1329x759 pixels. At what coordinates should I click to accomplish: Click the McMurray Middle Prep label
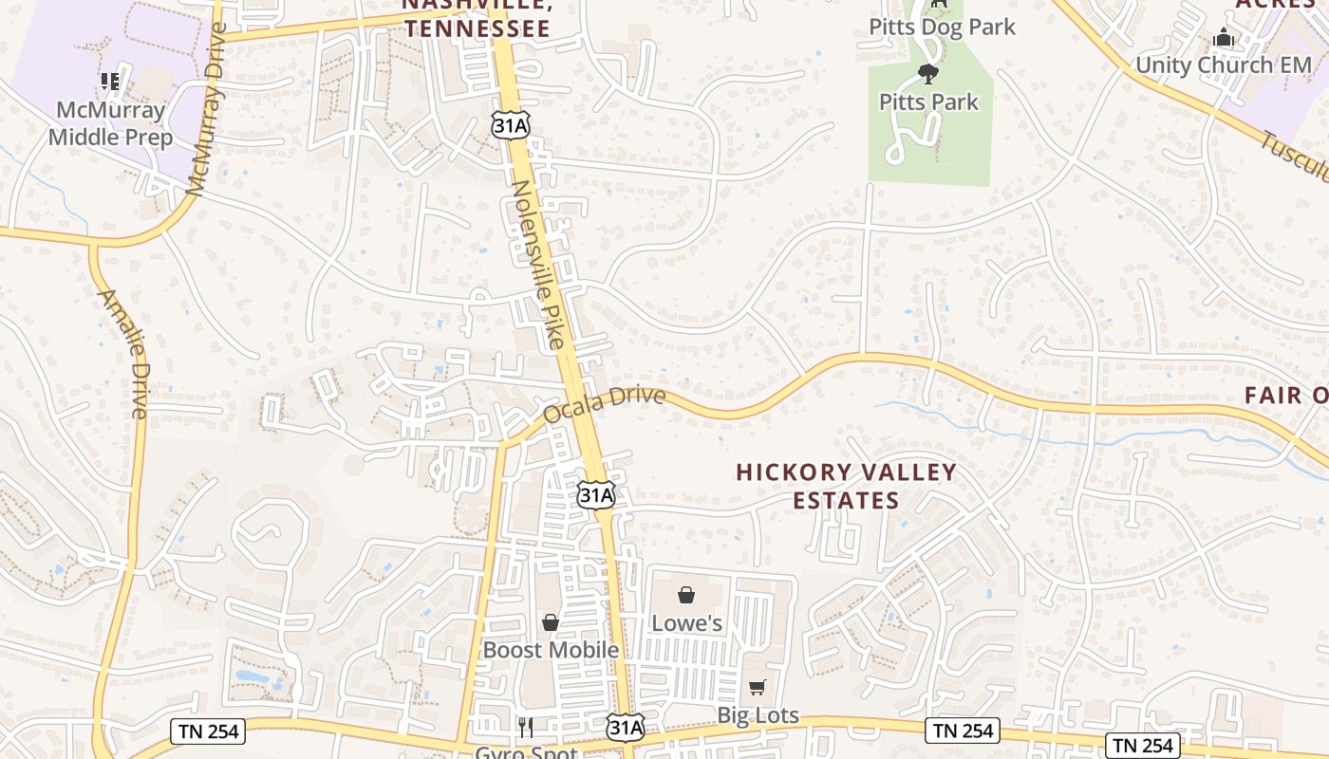click(110, 123)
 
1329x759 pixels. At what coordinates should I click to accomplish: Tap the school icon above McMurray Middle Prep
click(110, 82)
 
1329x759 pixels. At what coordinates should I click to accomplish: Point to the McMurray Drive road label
click(208, 109)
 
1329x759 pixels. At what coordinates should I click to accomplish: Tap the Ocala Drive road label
click(604, 404)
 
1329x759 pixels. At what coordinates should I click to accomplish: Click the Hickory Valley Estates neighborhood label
click(846, 486)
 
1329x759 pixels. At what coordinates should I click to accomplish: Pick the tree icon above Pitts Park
click(928, 73)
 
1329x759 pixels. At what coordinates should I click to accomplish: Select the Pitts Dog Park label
click(942, 27)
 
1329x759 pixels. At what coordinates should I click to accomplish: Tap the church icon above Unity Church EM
click(1224, 38)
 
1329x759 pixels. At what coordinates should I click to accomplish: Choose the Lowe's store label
click(686, 623)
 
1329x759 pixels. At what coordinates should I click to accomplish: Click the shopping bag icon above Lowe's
click(686, 596)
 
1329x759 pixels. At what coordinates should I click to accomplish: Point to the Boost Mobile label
click(551, 650)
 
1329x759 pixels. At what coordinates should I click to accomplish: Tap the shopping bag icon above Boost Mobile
click(550, 622)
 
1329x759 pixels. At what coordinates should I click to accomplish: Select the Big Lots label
click(758, 715)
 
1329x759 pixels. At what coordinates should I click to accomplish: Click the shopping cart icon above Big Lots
click(757, 687)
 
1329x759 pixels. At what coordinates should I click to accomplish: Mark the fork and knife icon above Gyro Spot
click(526, 727)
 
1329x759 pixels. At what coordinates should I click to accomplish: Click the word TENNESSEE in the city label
click(477, 28)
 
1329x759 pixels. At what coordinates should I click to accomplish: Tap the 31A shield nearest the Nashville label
click(511, 123)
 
